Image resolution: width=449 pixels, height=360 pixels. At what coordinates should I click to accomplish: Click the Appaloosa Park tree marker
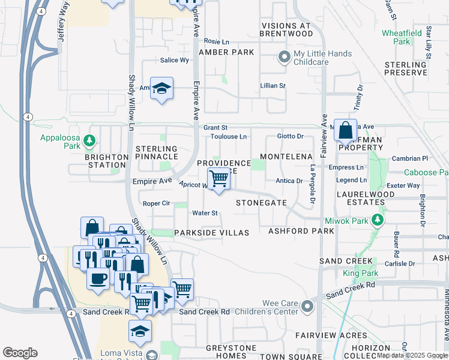click(89, 140)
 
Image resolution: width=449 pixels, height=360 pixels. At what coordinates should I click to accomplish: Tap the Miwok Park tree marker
click(378, 220)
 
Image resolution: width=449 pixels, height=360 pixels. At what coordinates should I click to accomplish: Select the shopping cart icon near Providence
click(218, 178)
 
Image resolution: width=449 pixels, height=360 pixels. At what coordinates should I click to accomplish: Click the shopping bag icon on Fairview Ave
click(346, 130)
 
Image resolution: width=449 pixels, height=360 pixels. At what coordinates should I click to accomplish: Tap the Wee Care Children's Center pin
click(307, 307)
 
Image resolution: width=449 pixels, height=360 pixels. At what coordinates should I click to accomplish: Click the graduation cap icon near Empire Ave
click(161, 89)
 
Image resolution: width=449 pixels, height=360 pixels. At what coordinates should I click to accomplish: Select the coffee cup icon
click(98, 278)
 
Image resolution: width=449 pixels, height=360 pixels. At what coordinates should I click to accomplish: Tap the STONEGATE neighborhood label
click(261, 203)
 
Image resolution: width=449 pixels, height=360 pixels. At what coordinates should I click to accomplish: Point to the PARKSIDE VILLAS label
click(211, 233)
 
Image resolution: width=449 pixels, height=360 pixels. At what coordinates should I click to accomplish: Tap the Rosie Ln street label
click(217, 42)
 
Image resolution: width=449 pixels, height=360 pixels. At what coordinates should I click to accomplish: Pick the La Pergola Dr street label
click(313, 185)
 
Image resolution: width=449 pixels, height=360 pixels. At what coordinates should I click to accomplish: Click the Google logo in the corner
click(20, 353)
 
